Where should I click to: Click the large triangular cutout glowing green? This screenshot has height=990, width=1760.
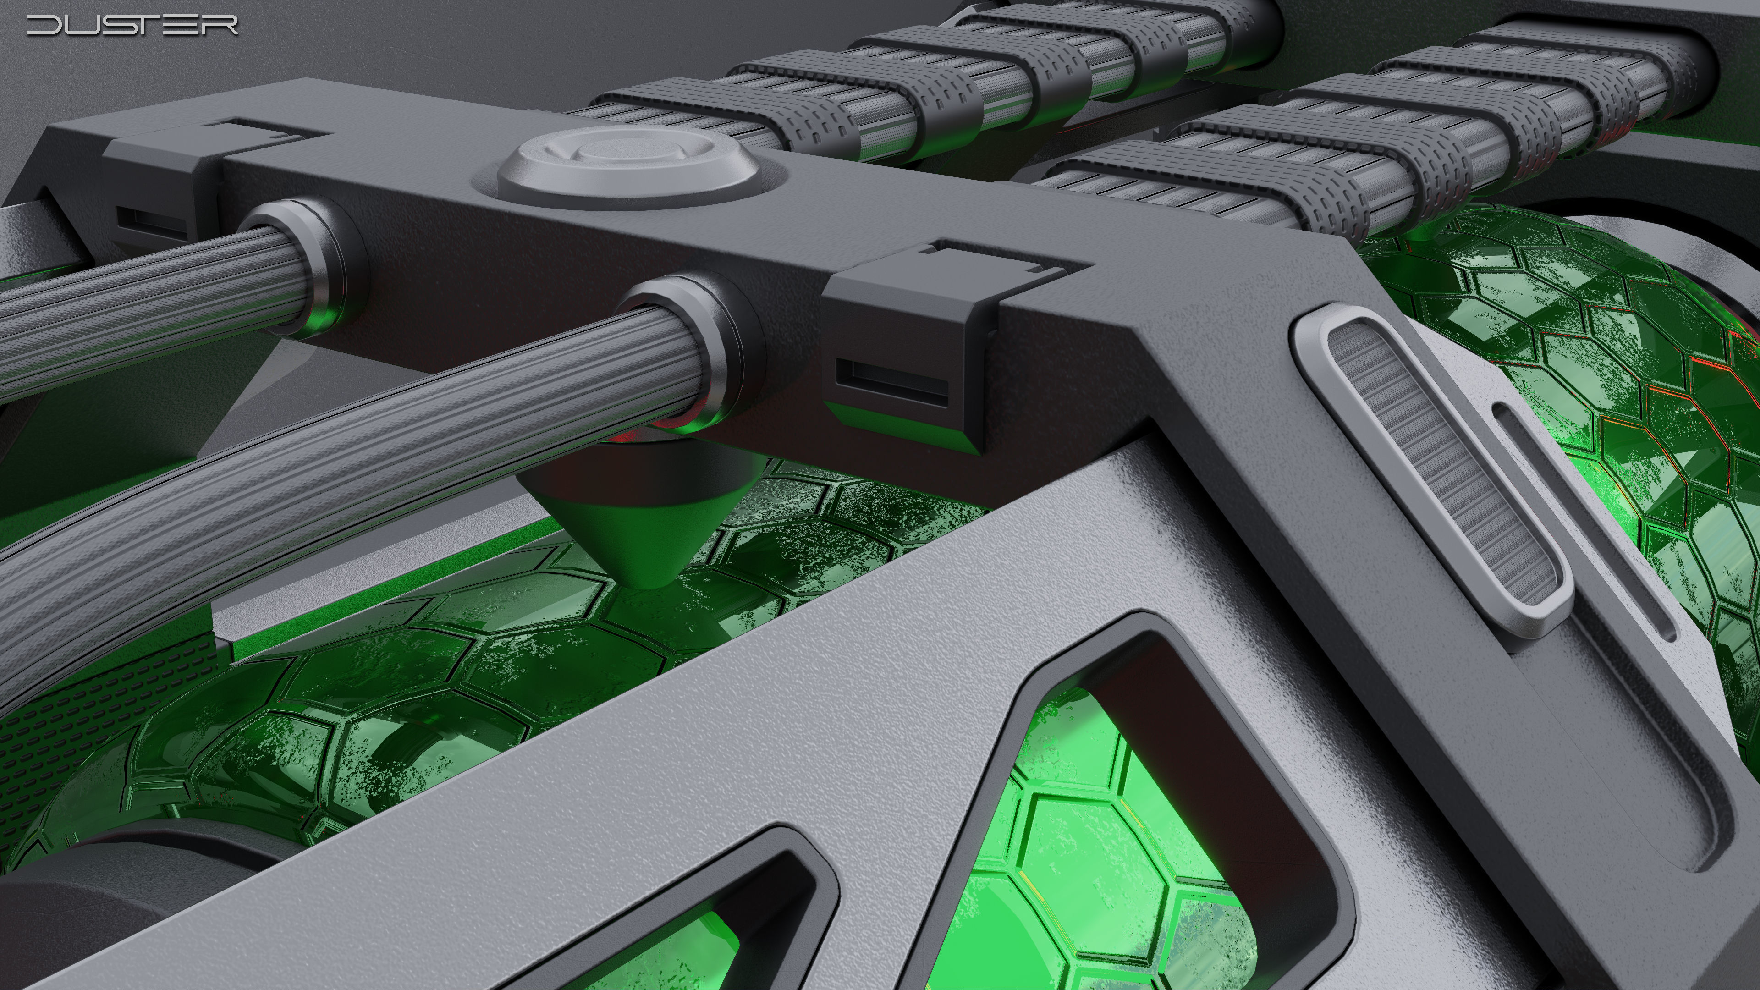coord(1121,820)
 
